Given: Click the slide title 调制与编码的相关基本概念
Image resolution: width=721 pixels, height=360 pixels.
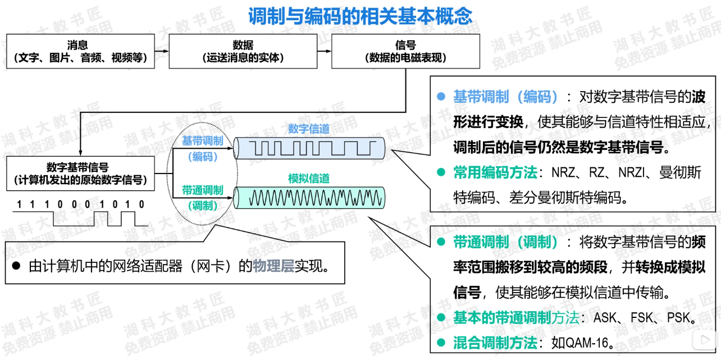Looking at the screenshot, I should click(360, 16).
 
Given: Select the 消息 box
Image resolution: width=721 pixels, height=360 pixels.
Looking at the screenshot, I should click(80, 51).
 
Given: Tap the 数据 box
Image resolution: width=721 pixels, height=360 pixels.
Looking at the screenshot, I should click(243, 51).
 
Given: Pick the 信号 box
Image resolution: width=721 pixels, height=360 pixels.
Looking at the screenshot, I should click(405, 51).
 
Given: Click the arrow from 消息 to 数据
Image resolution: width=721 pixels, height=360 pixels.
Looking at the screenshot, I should click(162, 51).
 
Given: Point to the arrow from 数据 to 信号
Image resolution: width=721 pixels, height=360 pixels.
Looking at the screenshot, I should click(324, 51).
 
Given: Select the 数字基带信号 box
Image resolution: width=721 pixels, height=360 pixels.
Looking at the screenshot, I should click(80, 174).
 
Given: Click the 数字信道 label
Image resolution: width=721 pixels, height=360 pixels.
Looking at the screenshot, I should click(309, 129).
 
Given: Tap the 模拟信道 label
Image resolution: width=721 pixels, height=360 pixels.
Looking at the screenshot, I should click(309, 179).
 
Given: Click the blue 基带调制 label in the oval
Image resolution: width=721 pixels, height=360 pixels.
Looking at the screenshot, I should click(202, 141).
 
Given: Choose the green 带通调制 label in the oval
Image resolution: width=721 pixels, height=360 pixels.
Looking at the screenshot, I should click(202, 190).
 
